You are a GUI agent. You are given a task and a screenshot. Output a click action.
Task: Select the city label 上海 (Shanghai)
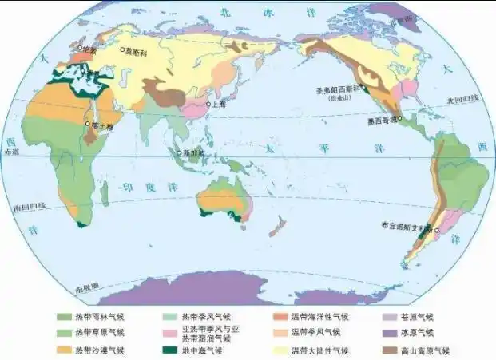219,104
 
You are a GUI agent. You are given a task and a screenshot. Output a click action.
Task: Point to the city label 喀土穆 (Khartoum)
100,125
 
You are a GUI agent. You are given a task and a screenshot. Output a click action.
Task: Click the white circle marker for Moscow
124,49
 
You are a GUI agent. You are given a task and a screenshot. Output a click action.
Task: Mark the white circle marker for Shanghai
208,104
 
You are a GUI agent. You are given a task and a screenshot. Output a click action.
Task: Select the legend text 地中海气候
203,350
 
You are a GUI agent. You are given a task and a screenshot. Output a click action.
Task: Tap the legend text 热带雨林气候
99,317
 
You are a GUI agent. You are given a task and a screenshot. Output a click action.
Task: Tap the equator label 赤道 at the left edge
10,151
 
